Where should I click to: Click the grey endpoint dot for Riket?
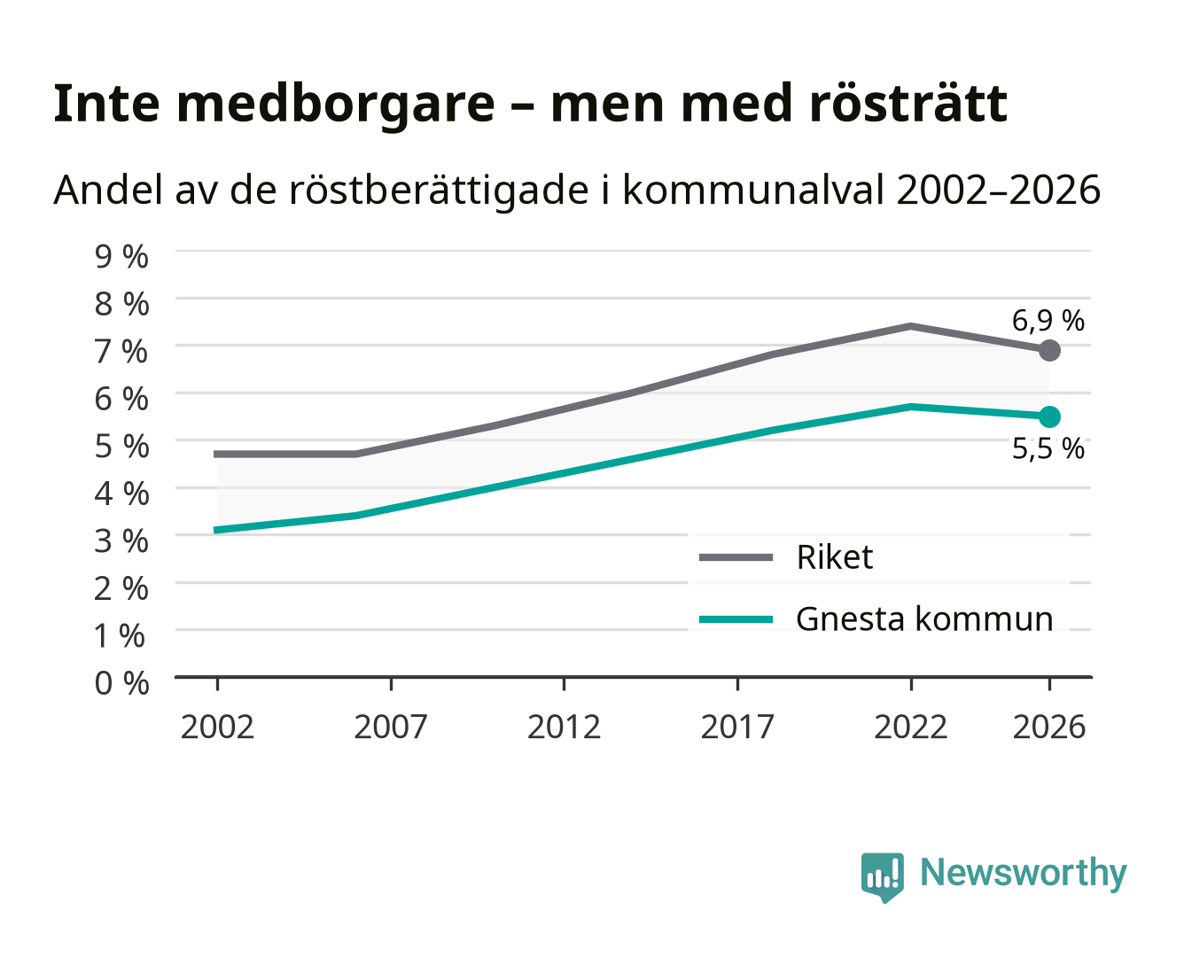tap(1049, 350)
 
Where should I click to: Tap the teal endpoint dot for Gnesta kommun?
tap(1049, 416)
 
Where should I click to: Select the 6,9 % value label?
tap(1048, 321)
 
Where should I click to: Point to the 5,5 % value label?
tap(1048, 448)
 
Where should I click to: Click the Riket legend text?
tap(834, 556)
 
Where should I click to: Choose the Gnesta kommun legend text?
tap(924, 619)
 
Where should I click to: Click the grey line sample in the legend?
tap(736, 557)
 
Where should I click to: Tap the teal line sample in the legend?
tap(736, 619)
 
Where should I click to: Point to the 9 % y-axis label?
tap(121, 256)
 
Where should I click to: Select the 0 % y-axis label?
tap(121, 683)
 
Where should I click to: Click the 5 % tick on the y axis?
tap(121, 446)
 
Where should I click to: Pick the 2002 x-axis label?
tap(217, 727)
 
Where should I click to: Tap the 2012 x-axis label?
tap(564, 727)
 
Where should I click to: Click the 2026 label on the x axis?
tap(1049, 727)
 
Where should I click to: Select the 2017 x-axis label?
tap(737, 727)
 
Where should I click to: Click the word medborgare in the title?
tap(335, 105)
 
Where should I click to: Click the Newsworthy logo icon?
tap(882, 877)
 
